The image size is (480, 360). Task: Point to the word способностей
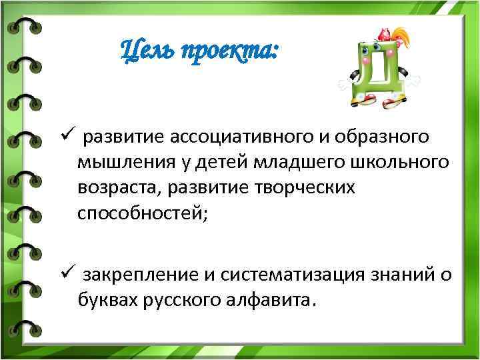[x=141, y=213]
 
